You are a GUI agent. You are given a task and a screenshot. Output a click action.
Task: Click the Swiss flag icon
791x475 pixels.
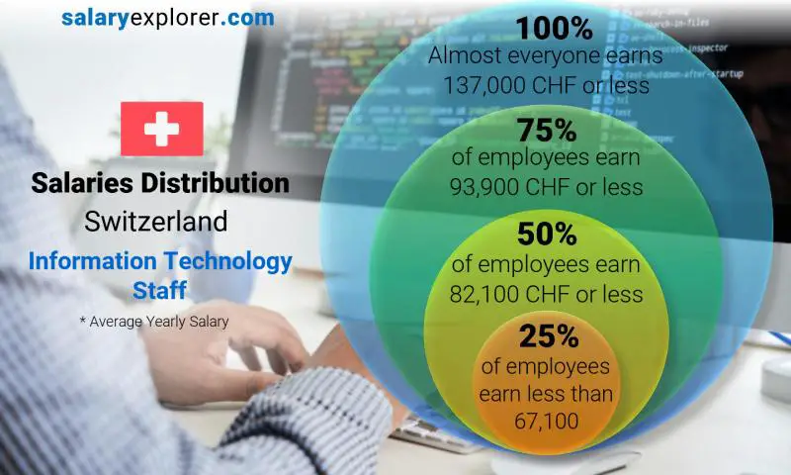161,129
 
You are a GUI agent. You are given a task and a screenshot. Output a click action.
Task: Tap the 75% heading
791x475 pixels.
547,131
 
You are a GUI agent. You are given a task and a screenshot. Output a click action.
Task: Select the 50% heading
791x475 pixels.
547,236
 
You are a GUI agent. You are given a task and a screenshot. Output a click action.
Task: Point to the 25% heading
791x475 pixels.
547,336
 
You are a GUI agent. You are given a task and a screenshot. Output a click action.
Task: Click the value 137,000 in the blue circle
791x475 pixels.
479,86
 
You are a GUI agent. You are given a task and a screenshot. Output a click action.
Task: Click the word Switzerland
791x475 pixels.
156,221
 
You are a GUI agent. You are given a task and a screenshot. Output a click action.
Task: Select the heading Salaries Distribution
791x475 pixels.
160,183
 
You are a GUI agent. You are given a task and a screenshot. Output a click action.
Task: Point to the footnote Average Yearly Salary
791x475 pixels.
159,322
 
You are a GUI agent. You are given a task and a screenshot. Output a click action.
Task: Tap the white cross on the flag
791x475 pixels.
161,129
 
